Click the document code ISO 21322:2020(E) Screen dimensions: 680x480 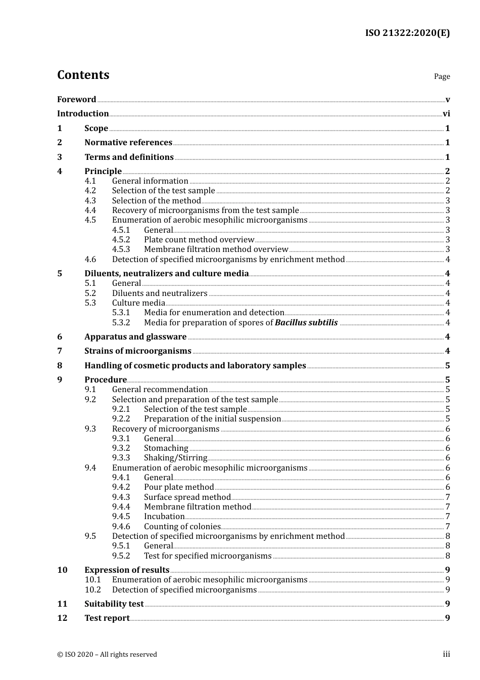[x=407, y=33]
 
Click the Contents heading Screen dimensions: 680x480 [x=83, y=75]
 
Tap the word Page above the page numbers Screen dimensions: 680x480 [x=442, y=76]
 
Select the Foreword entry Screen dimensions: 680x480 [x=76, y=100]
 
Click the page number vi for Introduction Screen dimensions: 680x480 [x=446, y=114]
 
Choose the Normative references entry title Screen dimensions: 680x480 [x=128, y=143]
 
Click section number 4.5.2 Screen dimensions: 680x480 [x=121, y=240]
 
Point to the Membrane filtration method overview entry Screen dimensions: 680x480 [x=216, y=249]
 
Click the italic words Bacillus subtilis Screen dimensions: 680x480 [x=306, y=323]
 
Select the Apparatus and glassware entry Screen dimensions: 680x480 [x=135, y=337]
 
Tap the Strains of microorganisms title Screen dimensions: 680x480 [x=138, y=351]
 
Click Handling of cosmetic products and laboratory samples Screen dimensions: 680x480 [x=195, y=366]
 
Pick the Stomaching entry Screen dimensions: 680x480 [x=166, y=448]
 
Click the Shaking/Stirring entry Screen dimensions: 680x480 [x=175, y=458]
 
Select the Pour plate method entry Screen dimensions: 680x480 [x=179, y=487]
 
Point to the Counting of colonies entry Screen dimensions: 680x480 [x=182, y=527]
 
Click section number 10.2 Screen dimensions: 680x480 [x=92, y=590]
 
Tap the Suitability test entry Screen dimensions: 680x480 [x=114, y=604]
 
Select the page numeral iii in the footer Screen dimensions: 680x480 [x=446, y=654]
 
